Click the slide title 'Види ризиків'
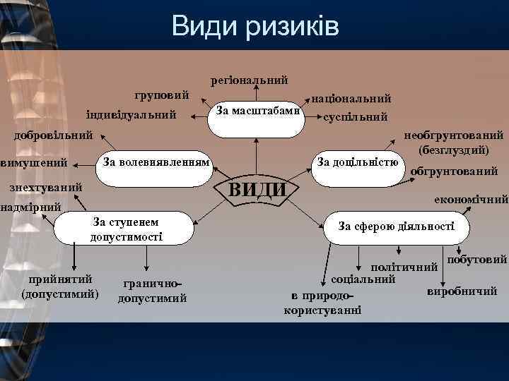[255, 27]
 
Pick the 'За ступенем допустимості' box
[127, 229]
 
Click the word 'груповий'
[162, 95]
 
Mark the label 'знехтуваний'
[45, 188]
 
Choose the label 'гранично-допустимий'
[152, 291]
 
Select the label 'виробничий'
[462, 291]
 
